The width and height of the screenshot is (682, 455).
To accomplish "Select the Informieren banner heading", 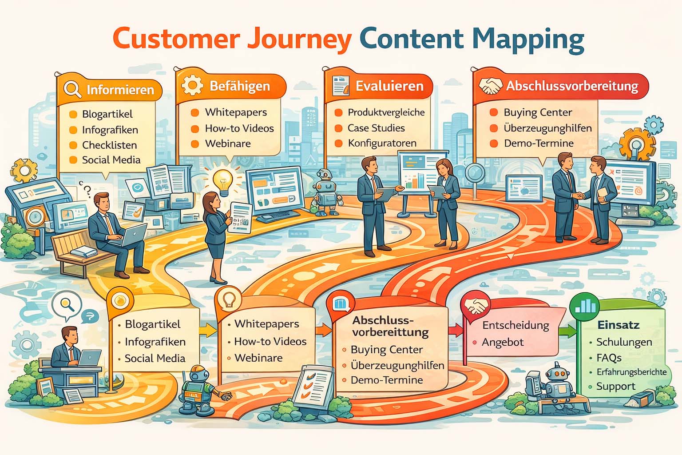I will tap(120, 90).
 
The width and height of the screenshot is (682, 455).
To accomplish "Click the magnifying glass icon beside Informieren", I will tap(72, 88).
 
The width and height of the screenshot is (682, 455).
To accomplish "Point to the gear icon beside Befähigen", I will tap(192, 84).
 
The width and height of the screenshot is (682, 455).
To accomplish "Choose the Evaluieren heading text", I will tap(389, 86).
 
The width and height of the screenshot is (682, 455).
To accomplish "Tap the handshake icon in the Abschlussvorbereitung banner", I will tap(490, 85).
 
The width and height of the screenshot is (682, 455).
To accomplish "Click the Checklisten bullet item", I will tap(109, 145).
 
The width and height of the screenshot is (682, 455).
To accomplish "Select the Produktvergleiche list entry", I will tap(386, 112).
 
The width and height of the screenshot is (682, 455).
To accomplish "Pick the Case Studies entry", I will tap(376, 128).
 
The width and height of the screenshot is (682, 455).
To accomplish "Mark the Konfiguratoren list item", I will tap(382, 143).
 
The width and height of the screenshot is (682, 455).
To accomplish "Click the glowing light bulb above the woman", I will tap(222, 179).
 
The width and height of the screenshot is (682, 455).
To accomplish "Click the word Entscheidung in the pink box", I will tap(515, 325).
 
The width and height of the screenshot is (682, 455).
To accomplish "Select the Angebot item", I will tap(503, 342).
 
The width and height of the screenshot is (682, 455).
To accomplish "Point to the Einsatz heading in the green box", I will tap(618, 325).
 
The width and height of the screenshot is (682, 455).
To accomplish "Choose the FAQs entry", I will tap(609, 358).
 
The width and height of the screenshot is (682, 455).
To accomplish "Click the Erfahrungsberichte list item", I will tap(631, 372).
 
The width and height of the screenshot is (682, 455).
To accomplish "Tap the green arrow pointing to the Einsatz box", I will tap(567, 331).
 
